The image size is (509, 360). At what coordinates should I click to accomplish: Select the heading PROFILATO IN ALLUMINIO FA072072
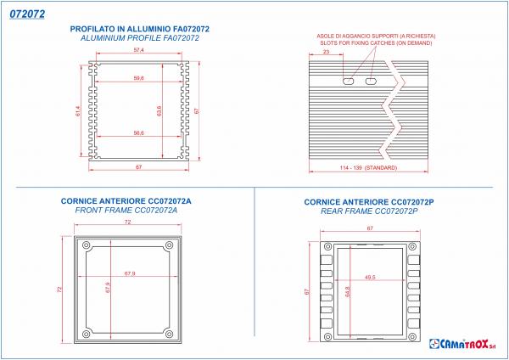[139, 29]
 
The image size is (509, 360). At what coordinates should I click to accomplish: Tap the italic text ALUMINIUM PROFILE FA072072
[139, 39]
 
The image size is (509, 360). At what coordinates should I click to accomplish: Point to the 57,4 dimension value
[138, 52]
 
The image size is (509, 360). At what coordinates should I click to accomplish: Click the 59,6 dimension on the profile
[138, 78]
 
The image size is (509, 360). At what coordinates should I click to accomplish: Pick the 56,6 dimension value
[138, 132]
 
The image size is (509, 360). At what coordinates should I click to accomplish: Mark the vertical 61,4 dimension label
[79, 111]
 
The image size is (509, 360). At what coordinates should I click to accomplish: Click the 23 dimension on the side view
[327, 53]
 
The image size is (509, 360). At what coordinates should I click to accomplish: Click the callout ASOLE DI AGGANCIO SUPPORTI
[376, 36]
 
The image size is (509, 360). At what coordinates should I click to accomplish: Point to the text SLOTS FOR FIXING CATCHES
[376, 42]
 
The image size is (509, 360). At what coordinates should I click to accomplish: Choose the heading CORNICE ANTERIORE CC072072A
[126, 201]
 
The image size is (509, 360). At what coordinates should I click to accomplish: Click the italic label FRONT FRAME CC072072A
[126, 211]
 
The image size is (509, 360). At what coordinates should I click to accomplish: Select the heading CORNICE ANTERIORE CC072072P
[368, 202]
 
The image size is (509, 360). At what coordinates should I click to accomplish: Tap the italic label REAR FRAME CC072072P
[368, 211]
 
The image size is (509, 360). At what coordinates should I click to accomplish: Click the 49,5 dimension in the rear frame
[369, 277]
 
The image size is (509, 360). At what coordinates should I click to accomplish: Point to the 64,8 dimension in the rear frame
[348, 292]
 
